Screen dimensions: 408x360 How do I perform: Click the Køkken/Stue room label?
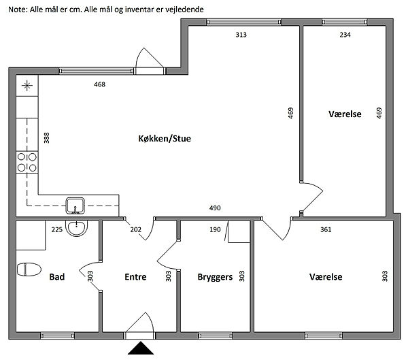(x=165, y=138)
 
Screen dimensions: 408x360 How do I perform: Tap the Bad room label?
(x=56, y=277)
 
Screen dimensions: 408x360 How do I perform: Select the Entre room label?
(x=135, y=277)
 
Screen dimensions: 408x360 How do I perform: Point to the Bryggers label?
(x=215, y=277)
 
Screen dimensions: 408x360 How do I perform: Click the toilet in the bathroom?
(x=29, y=269)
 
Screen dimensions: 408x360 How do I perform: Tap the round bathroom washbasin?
(x=76, y=228)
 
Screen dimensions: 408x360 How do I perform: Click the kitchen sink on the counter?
(x=75, y=206)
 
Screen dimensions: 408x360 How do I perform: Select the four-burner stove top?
(x=27, y=162)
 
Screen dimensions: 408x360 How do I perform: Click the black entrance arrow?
(x=141, y=348)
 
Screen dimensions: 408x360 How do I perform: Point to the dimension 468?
(x=100, y=84)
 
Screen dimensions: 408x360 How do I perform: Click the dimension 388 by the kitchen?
(x=46, y=137)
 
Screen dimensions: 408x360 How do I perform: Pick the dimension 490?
(x=215, y=208)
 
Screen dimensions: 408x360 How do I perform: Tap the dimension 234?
(x=345, y=35)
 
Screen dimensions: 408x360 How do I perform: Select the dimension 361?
(x=326, y=229)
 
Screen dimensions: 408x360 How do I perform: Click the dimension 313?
(x=241, y=35)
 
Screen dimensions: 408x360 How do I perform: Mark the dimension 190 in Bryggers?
(x=215, y=229)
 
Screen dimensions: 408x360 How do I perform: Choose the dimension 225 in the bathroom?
(x=57, y=229)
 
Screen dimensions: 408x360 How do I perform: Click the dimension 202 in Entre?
(x=135, y=229)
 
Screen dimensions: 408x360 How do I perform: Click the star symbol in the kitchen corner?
(x=27, y=86)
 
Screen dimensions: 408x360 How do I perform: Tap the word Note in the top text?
(x=18, y=10)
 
